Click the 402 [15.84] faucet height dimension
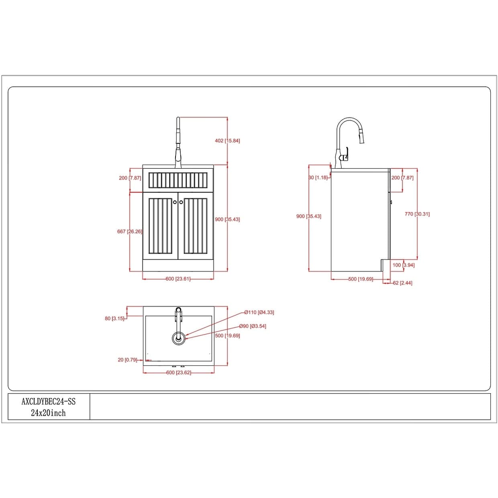(x=227, y=141)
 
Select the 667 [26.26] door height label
(x=130, y=232)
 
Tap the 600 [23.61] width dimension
(x=178, y=279)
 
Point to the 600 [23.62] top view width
(x=179, y=373)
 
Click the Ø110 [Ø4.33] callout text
(x=259, y=312)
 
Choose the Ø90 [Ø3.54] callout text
(x=253, y=326)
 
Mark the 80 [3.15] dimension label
(x=114, y=318)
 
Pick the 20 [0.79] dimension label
(x=127, y=360)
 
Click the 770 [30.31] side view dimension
(x=417, y=214)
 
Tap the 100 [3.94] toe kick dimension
(x=403, y=265)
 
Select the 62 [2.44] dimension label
(x=403, y=283)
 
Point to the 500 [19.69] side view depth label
(x=361, y=279)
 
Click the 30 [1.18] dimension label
(x=318, y=178)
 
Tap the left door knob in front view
(x=175, y=202)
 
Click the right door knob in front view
(x=181, y=202)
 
